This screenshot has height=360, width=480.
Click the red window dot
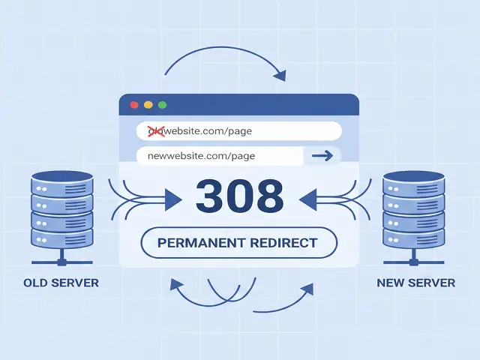pos(134,105)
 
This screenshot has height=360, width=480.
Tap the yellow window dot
pos(148,105)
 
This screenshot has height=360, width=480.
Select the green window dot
pos(162,105)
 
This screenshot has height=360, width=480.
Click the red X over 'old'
pos(156,131)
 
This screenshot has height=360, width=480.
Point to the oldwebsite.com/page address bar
pos(238,131)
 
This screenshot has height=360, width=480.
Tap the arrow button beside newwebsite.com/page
pos(322,156)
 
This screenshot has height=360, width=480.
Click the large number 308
pos(240,196)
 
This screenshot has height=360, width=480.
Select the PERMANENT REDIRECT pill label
pos(239,243)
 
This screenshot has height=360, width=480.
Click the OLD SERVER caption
pos(61,283)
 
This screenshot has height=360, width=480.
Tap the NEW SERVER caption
pos(416,283)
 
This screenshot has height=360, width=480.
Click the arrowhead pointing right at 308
pos(172,199)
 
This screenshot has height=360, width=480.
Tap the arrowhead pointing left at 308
pos(307,199)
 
